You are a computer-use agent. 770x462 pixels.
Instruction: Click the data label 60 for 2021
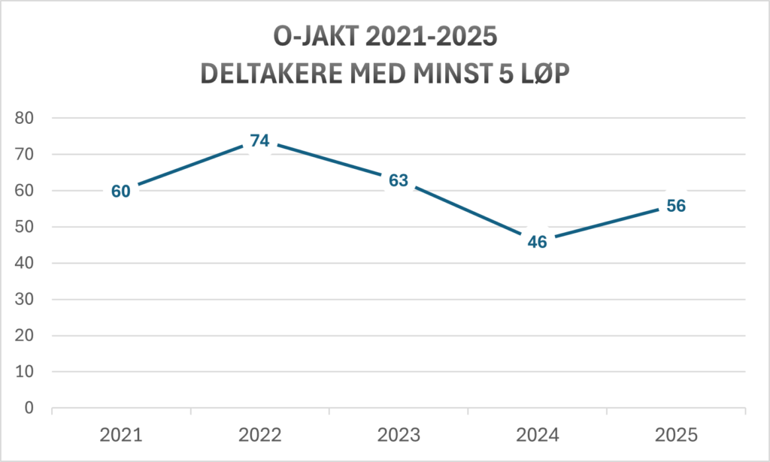point(121,191)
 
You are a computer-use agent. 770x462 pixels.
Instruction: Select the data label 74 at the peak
point(259,140)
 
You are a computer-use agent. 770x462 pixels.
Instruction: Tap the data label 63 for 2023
point(398,180)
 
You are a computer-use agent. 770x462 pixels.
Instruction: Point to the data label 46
point(537,242)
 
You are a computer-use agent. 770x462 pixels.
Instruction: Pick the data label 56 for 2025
point(675,206)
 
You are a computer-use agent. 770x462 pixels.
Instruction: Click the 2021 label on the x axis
point(121,434)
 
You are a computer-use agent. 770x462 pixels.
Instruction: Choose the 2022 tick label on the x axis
point(259,434)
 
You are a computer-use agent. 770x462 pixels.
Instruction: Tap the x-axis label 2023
point(398,434)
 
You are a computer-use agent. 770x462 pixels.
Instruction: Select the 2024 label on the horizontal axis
point(537,434)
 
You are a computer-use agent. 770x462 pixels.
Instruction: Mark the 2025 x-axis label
point(675,434)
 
